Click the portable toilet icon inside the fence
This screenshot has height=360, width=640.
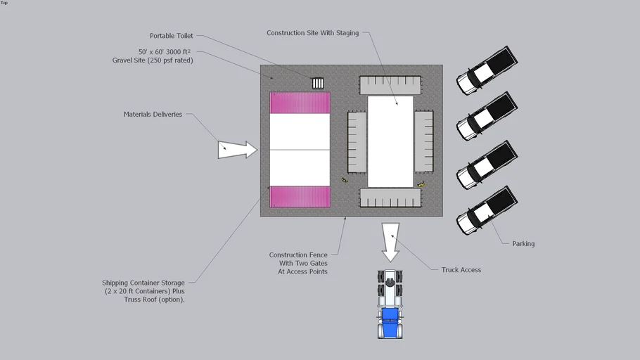coord(318,83)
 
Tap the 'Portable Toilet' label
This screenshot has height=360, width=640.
coord(171,36)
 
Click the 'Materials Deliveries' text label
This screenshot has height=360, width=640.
coord(153,115)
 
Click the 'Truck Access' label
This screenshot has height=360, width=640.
coord(461,270)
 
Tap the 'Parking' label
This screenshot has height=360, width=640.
coord(523,244)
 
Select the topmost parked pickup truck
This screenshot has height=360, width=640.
coord(487,71)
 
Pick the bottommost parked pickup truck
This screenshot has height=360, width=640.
coord(487,210)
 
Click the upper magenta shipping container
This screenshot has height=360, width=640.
coord(300,103)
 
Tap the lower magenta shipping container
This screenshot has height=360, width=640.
coord(300,197)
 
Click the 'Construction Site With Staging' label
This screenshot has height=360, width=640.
coord(313,33)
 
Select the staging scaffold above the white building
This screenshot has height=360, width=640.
coord(390,85)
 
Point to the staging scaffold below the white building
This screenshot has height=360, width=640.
coord(390,198)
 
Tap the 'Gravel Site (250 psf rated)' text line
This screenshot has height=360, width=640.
coord(153,60)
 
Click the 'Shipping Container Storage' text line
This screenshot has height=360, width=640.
coord(143,283)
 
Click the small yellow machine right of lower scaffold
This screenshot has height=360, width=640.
coord(421,184)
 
